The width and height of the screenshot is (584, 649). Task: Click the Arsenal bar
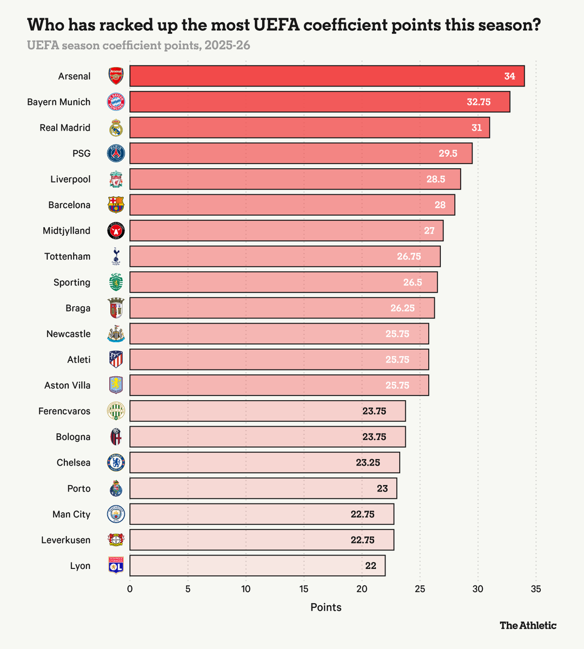coord(324,76)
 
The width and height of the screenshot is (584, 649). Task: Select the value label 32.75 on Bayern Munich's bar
coord(479,102)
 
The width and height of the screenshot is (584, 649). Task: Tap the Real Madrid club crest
coord(116,128)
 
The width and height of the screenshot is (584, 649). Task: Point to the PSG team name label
coord(81,154)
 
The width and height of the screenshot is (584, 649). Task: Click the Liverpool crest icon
coord(116,180)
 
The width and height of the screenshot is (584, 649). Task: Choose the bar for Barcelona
coord(292,205)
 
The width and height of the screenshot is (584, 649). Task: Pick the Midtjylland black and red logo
coord(116,231)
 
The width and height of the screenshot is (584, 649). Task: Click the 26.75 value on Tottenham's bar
coord(409,256)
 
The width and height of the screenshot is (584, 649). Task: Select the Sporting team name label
coord(72,282)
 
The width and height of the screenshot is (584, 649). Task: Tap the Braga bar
coord(281,308)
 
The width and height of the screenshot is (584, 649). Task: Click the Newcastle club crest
coord(116,334)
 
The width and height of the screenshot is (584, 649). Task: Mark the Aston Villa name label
coord(67,386)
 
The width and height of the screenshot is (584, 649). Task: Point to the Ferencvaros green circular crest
coord(116,411)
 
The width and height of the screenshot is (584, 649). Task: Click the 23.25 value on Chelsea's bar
coord(368,463)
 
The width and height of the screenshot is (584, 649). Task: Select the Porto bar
coord(263,488)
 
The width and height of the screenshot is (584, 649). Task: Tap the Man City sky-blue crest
coord(116,514)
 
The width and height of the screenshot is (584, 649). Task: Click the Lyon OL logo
coord(116,566)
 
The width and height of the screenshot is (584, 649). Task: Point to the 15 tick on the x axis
coord(304,589)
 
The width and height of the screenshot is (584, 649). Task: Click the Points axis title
coord(326,607)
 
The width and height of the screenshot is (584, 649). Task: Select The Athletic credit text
coord(528,626)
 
